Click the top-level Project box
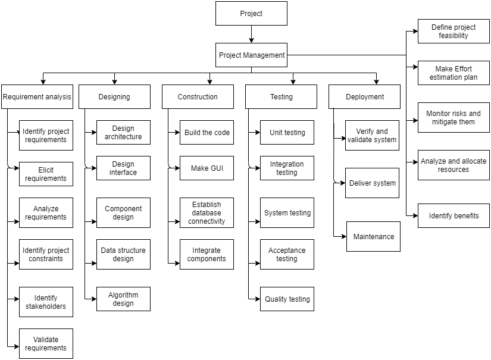click(x=251, y=13)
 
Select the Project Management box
click(x=251, y=55)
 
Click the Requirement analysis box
click(x=37, y=96)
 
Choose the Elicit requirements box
click(x=46, y=174)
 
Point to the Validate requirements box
click(x=46, y=344)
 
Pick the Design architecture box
click(x=123, y=132)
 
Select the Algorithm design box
click(x=123, y=299)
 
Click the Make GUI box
click(x=207, y=168)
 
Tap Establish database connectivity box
click(x=207, y=212)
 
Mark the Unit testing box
click(x=287, y=133)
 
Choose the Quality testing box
click(x=287, y=299)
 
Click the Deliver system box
click(x=372, y=183)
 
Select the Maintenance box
click(x=373, y=236)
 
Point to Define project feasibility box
click(x=454, y=31)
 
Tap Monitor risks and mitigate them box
click(x=454, y=117)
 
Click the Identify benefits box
click(x=454, y=215)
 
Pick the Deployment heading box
click(x=364, y=96)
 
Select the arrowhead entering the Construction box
click(x=209, y=82)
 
